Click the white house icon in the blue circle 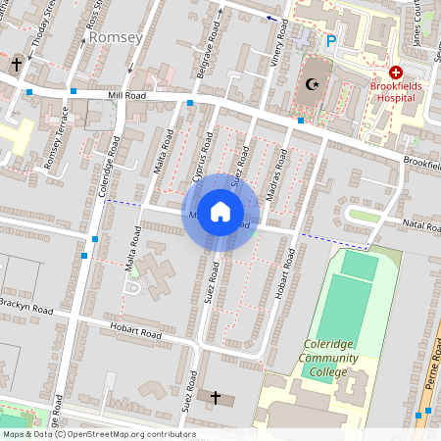tap(220, 212)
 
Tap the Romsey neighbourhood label tap(115, 37)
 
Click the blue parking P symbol tap(330, 41)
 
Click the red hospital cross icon tap(396, 73)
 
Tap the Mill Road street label tap(128, 96)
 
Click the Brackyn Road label tap(26, 308)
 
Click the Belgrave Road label tap(205, 60)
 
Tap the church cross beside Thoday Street tap(17, 65)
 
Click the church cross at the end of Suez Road tap(216, 397)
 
